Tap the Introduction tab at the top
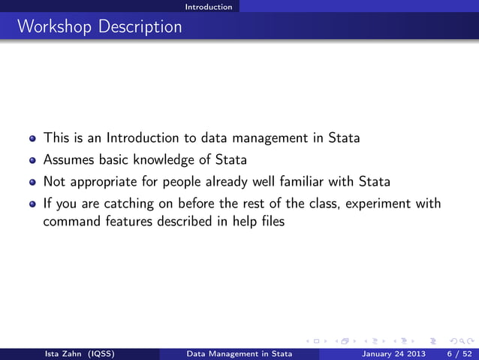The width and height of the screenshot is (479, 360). pos(209,7)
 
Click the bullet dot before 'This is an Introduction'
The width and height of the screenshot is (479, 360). pos(32,139)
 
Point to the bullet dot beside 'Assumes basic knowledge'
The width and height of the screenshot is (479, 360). pos(32,161)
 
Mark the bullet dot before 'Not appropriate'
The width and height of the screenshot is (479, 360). pos(32,182)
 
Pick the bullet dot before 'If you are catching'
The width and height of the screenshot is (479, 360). pos(32,204)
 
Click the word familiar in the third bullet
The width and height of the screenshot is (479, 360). pos(324,181)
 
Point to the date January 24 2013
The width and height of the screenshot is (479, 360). pos(393,353)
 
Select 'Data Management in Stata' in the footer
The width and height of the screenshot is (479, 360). pos(239,353)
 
